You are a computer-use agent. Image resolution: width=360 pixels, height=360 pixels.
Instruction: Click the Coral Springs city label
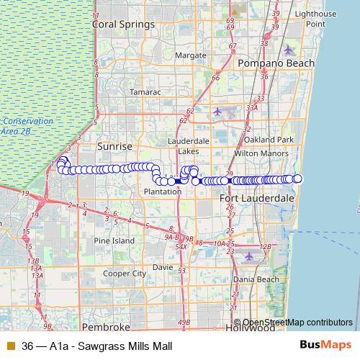(123, 24)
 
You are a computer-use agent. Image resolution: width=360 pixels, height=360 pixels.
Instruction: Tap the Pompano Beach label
(278, 63)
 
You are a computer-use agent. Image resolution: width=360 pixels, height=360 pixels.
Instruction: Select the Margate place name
(191, 55)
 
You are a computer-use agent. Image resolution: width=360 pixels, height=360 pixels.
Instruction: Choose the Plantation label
(163, 192)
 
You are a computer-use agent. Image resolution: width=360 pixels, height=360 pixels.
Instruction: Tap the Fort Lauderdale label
(257, 197)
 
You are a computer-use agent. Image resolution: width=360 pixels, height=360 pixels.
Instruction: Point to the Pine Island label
(114, 240)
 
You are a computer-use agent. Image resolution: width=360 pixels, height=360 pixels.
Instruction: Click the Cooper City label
(125, 274)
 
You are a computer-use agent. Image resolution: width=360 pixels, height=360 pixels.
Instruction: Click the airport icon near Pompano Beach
(289, 50)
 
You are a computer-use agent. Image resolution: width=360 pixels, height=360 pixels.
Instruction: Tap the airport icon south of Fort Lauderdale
(248, 256)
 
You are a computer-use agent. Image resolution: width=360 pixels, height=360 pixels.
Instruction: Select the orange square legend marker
(10, 345)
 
